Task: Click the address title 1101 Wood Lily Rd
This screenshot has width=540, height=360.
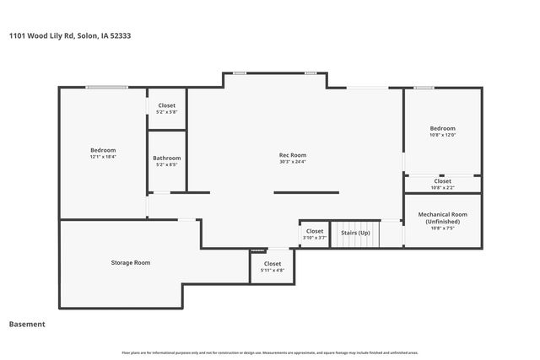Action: tap(69, 35)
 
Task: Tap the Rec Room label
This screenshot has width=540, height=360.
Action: tap(293, 155)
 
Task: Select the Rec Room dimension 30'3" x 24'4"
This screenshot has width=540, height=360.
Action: tap(293, 162)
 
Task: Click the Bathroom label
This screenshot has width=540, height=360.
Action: tap(167, 158)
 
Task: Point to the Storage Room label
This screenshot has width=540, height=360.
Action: tap(131, 262)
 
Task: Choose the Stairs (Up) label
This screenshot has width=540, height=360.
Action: tap(354, 233)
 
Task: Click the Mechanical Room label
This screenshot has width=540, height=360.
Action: tap(442, 214)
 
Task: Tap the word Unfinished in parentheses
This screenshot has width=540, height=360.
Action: tap(442, 221)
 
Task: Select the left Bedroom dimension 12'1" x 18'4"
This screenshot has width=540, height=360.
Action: tap(103, 157)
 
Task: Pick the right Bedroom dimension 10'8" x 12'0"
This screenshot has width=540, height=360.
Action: tap(442, 135)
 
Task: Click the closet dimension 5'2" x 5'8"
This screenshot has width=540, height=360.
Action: tap(167, 112)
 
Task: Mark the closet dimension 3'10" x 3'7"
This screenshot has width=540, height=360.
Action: tap(315, 238)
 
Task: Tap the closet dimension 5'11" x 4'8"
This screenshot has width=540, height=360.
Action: tap(272, 270)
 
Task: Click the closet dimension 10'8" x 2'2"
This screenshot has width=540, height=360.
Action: tap(442, 187)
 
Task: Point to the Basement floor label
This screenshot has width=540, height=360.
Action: tap(27, 324)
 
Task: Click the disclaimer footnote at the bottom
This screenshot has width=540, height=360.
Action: tap(269, 352)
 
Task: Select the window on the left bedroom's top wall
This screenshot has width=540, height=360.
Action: tap(106, 86)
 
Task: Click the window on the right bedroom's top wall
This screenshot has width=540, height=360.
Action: tap(424, 87)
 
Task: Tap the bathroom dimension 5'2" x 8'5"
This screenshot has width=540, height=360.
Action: tap(167, 164)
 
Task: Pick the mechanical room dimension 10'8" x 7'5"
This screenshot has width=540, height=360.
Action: tap(442, 228)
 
